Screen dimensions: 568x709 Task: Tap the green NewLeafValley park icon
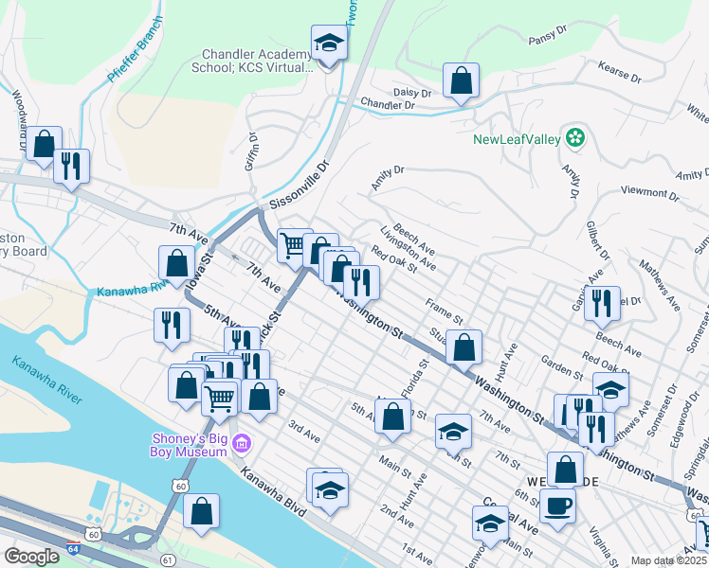click(x=573, y=138)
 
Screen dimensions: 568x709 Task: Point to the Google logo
click(x=31, y=557)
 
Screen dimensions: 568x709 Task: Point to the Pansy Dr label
click(x=547, y=40)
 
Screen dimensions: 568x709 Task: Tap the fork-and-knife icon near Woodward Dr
click(x=71, y=166)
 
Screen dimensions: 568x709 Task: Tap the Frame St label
click(x=444, y=309)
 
